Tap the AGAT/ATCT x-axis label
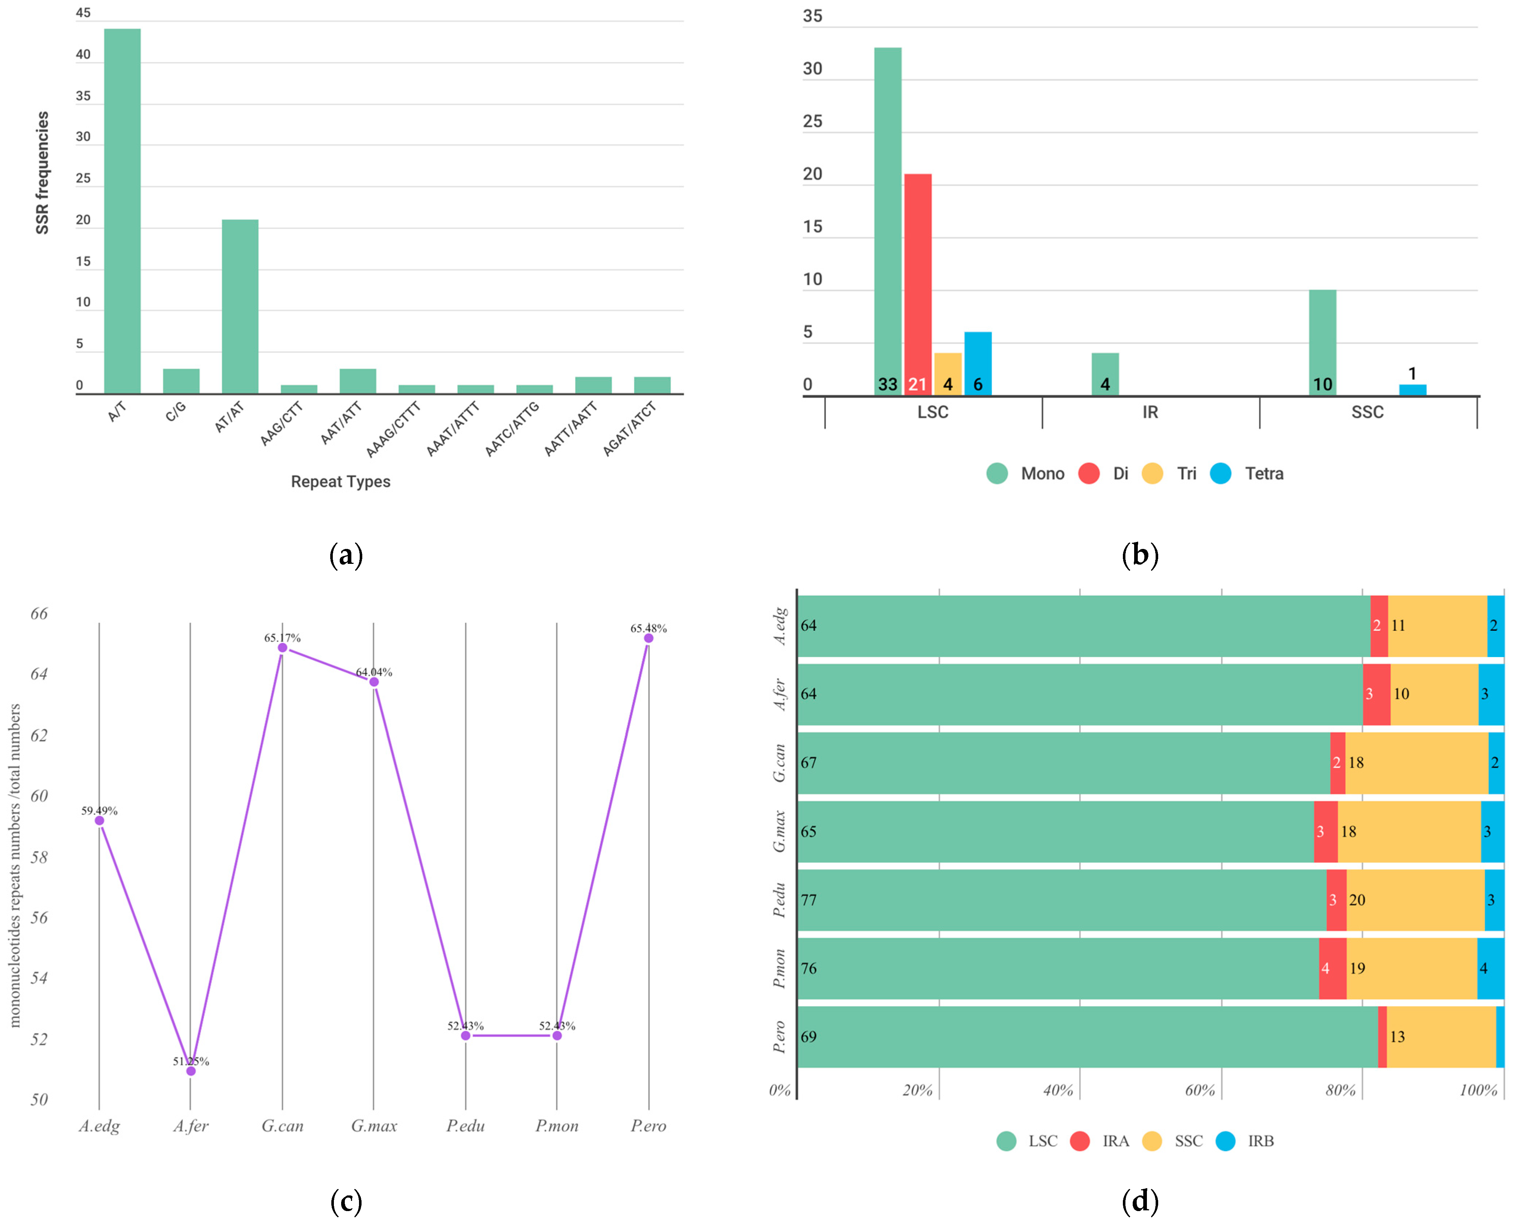point(629,429)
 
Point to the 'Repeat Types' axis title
point(340,482)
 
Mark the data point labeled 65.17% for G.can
point(283,648)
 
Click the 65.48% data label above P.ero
point(648,628)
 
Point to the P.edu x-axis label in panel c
point(465,1126)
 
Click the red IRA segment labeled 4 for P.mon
point(1332,968)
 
